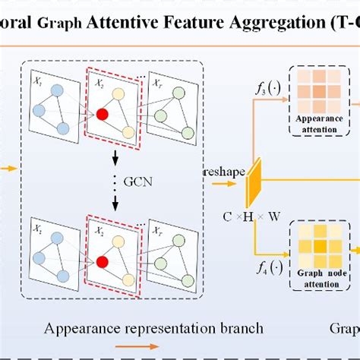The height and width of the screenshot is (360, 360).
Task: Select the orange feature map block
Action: click(254, 179)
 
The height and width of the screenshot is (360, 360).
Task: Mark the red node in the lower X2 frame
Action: click(102, 262)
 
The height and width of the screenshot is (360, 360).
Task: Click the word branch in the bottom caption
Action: click(242, 329)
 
